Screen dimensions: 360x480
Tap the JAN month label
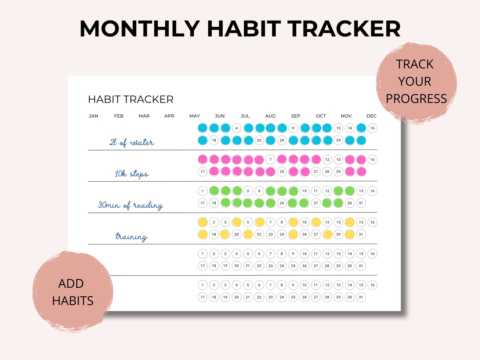click(x=93, y=116)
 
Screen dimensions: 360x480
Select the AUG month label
click(x=270, y=116)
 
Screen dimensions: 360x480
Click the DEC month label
click(x=371, y=116)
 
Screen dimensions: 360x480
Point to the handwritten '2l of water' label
click(x=131, y=142)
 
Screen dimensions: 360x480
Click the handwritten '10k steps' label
click(x=131, y=174)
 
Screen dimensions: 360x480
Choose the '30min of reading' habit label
click(x=131, y=205)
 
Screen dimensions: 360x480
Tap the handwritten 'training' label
click(x=131, y=236)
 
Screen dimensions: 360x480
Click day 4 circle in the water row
click(x=237, y=128)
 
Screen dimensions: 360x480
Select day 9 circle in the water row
click(x=293, y=128)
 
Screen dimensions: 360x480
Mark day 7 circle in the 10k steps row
click(x=271, y=160)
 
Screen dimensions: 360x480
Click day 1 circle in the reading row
click(x=203, y=191)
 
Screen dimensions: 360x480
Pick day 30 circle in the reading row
click(x=350, y=203)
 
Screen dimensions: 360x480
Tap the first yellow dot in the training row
click(x=203, y=222)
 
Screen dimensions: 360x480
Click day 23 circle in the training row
click(x=271, y=235)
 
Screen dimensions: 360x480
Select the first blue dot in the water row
click(x=203, y=128)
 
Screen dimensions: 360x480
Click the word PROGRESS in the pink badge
click(x=416, y=99)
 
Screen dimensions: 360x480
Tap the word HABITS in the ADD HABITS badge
click(x=73, y=301)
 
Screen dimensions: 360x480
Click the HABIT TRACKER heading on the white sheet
click(x=131, y=99)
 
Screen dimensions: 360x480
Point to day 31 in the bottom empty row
click(x=361, y=297)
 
